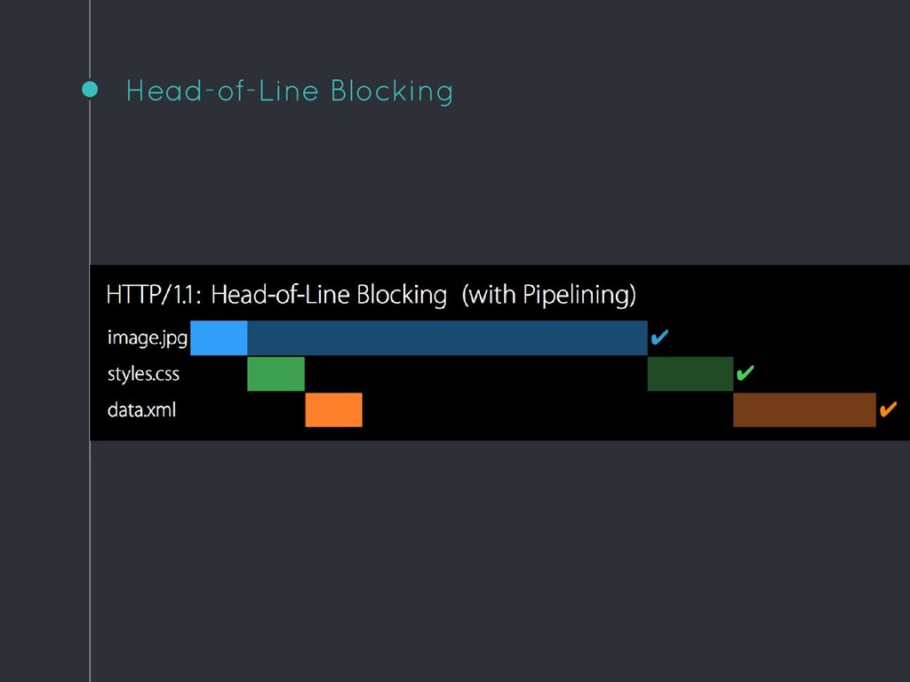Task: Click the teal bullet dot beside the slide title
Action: coord(90,90)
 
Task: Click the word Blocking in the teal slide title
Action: coord(392,91)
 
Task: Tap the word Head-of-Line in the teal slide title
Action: coord(222,91)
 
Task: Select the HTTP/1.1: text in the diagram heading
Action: coord(154,295)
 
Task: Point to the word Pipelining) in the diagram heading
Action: coord(579,295)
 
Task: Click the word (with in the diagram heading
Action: coord(490,295)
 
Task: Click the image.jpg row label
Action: coord(148,337)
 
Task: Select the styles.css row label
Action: coord(143,374)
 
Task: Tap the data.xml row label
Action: coord(141,410)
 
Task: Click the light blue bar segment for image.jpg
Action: coord(219,337)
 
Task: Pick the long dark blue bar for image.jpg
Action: coord(448,337)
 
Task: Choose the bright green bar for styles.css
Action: coord(275,374)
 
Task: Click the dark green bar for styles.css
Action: coord(690,374)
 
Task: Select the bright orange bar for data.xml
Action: coord(334,410)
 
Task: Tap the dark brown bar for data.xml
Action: coord(804,410)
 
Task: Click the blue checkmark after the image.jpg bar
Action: coord(659,337)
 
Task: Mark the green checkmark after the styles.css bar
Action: coord(746,373)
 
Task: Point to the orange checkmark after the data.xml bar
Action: coord(889,409)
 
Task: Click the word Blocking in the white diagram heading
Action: coord(402,295)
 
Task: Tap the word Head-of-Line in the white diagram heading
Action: coord(280,295)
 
